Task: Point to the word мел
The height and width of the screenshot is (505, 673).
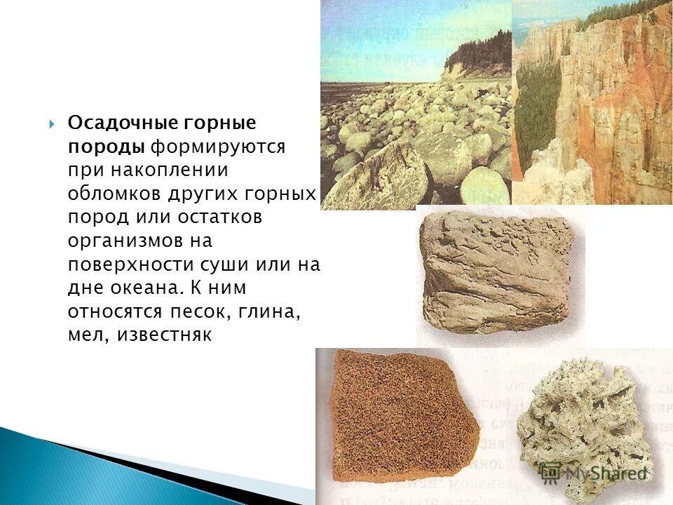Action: coord(85,337)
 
